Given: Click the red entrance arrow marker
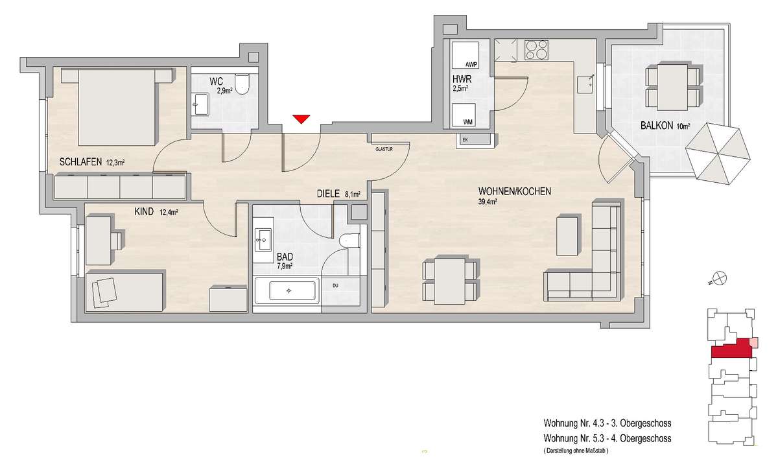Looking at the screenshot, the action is [x=301, y=119].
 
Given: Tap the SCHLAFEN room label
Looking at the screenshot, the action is [x=80, y=162].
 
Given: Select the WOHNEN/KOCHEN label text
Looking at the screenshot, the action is [x=515, y=191].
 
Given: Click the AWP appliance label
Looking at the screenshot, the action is [x=472, y=65].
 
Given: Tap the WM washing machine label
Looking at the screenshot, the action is [x=468, y=123].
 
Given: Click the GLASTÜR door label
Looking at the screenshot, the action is [x=384, y=149].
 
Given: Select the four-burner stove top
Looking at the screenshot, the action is [x=537, y=50].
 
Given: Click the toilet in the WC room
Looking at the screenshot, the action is [x=242, y=84].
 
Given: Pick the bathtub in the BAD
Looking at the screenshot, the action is [x=287, y=291].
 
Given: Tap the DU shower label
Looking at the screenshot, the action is [x=335, y=286].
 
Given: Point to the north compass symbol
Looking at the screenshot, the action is [x=721, y=278].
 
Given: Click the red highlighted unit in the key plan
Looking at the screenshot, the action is [x=731, y=348].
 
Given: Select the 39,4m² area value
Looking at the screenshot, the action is [x=488, y=202].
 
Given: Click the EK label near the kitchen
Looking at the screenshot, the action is [x=466, y=140].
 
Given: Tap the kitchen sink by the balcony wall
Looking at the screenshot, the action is [x=586, y=84].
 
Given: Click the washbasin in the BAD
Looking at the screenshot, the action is [x=263, y=239].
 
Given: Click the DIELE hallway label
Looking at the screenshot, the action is [x=328, y=194].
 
